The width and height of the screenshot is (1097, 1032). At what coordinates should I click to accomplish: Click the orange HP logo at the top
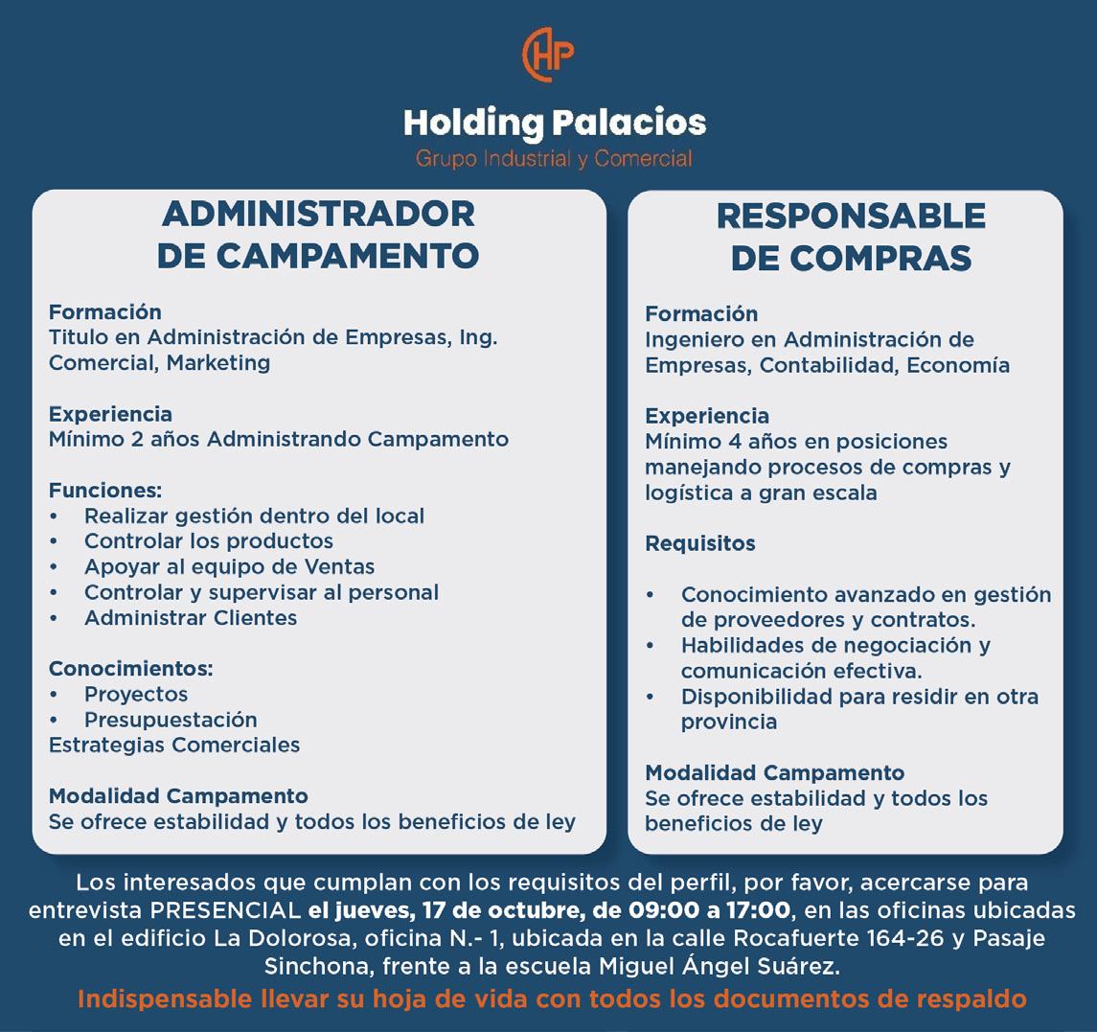[548, 55]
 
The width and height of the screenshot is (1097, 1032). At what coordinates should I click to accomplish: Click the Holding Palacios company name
[554, 123]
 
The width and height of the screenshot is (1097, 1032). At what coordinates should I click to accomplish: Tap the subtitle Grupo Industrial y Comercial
[554, 158]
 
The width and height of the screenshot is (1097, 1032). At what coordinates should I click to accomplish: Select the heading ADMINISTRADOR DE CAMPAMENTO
[318, 234]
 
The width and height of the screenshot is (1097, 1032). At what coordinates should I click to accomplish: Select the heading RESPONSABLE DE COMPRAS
[851, 237]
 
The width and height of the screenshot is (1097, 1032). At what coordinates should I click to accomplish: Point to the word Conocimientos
[130, 668]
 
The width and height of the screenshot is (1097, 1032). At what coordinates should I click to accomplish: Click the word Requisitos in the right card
[699, 543]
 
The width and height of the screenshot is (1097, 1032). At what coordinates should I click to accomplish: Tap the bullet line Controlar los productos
[208, 541]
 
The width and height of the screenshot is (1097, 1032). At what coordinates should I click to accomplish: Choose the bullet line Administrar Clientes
[190, 618]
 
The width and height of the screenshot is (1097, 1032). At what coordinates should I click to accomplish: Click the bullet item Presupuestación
[171, 720]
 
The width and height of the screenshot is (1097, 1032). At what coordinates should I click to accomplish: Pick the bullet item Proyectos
[135, 694]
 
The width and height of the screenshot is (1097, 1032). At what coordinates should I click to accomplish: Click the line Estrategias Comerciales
[173, 745]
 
